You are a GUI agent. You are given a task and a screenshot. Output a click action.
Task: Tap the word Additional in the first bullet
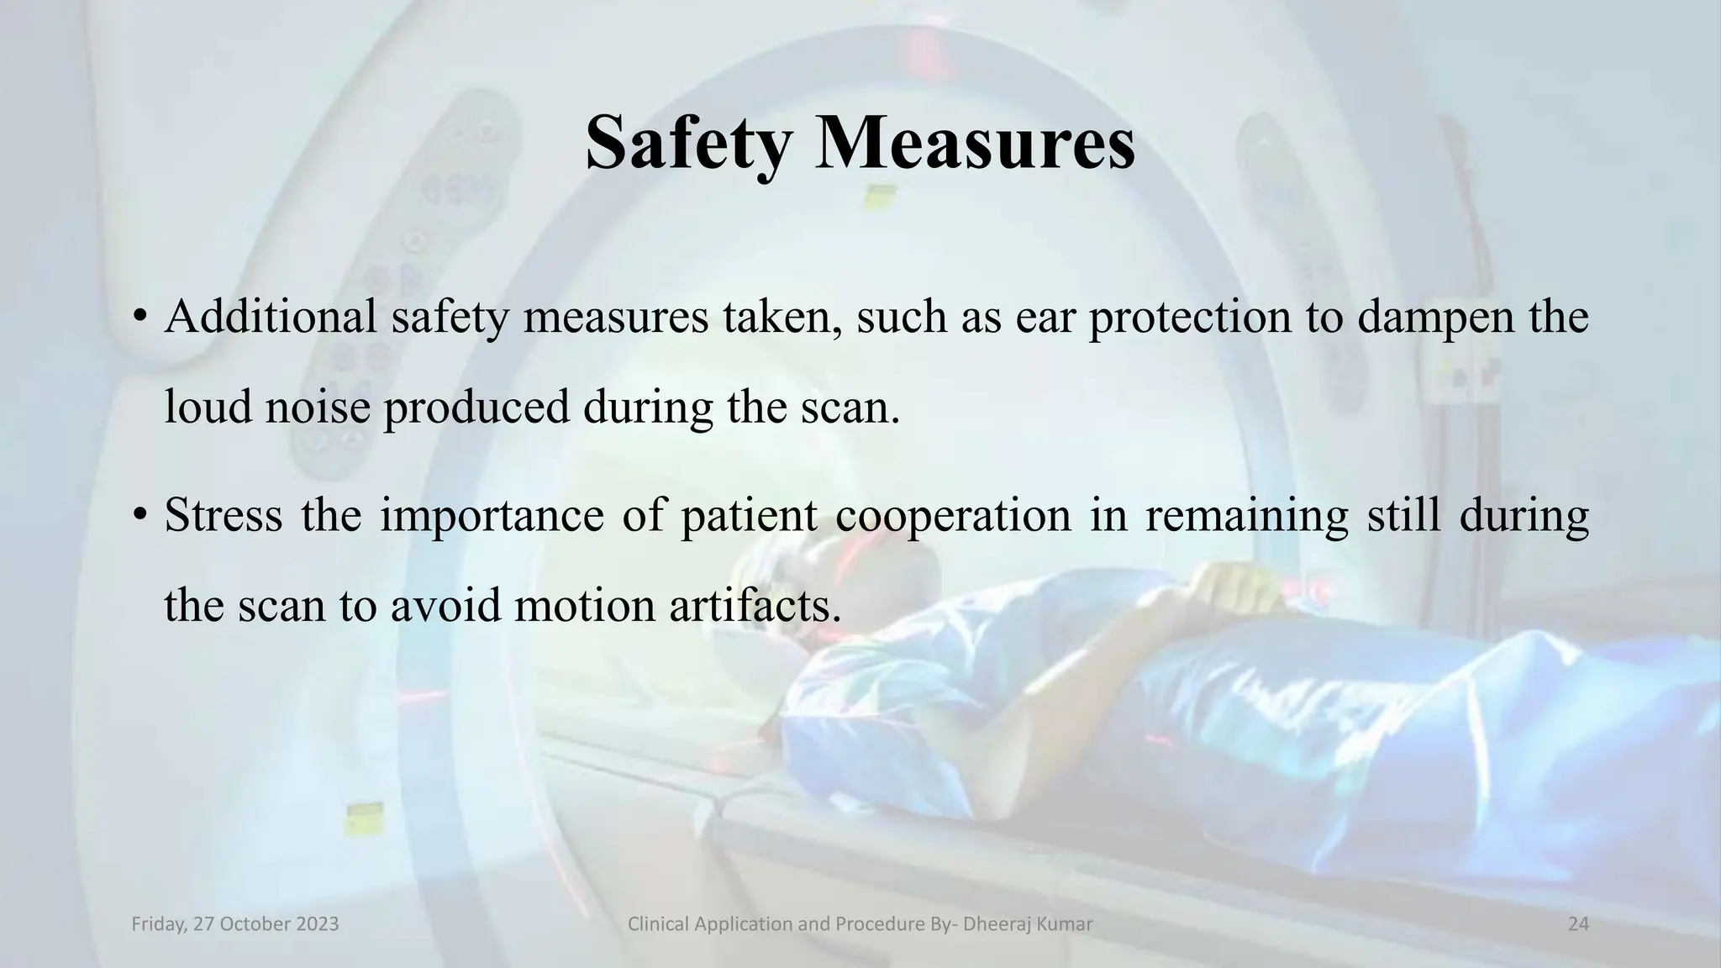270,318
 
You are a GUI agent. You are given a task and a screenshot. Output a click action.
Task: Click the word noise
318,408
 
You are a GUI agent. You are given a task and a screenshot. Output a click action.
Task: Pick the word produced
476,408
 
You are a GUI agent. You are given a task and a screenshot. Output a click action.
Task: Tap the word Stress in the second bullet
224,515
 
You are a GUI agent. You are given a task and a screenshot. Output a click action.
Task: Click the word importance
492,515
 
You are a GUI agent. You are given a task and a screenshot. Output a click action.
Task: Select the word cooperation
953,515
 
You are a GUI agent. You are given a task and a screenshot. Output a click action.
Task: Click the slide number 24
1578,924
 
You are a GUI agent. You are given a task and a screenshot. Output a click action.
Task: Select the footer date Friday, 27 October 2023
235,924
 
